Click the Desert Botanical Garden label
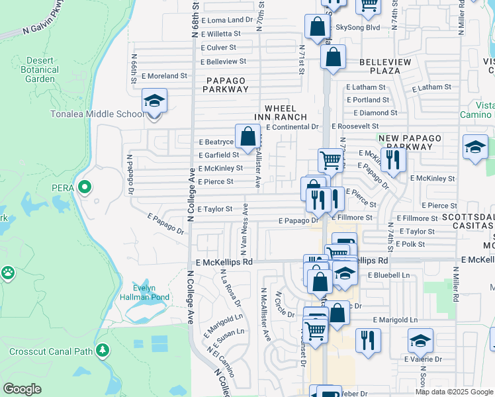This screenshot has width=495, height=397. coord(41,69)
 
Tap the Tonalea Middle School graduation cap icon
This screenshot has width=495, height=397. coord(154,101)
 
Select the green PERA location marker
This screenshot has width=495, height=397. coord(84,188)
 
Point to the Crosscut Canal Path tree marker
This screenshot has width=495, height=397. coord(102,349)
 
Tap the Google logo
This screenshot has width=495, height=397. coord(22,389)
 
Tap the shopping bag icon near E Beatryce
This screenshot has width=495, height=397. coord(247,137)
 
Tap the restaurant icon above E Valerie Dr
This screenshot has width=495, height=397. coord(367,340)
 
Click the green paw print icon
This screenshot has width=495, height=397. coord(8,272)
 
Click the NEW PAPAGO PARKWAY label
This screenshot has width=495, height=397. coord(405,142)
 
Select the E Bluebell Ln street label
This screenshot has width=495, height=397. coord(388,274)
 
